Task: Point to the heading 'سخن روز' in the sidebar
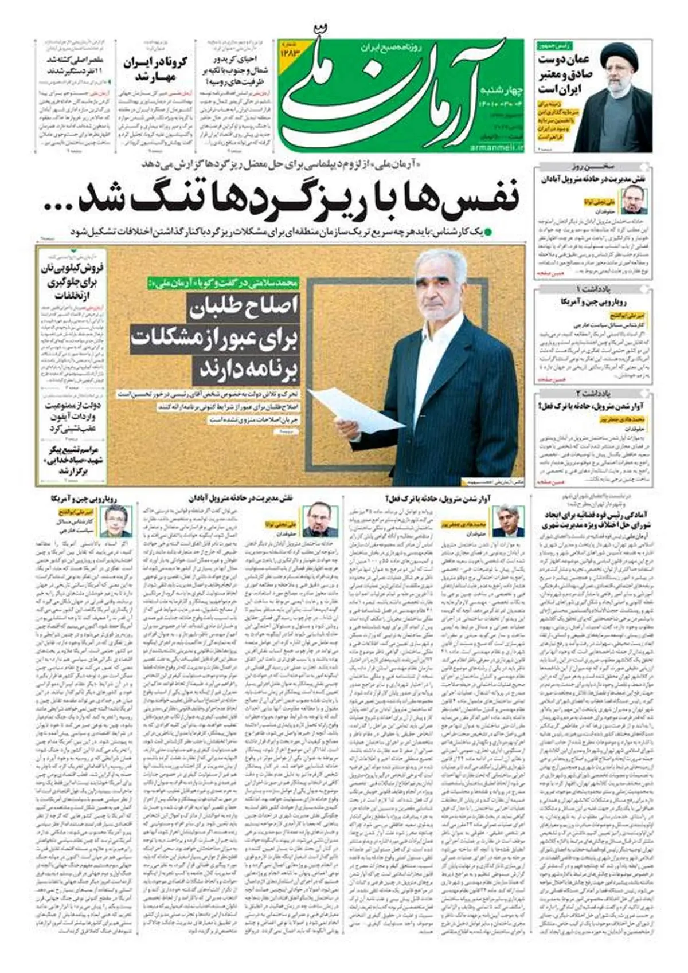point(593,168)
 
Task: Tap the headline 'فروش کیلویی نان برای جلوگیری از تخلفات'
point(72,281)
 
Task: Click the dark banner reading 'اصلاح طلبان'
point(240,308)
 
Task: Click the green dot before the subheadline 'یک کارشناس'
point(488,233)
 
